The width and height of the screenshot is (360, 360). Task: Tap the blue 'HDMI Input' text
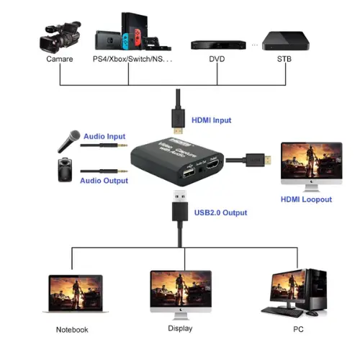[x=211, y=120]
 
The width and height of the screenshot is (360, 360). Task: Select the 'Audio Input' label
[x=104, y=136]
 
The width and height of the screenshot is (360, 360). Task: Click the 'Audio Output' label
[x=104, y=181]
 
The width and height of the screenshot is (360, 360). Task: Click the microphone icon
[x=68, y=140]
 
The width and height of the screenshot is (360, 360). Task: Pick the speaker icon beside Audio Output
[x=66, y=171]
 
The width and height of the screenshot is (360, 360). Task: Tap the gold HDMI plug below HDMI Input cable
[x=177, y=130]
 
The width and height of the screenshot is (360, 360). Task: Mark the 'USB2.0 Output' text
[x=220, y=212]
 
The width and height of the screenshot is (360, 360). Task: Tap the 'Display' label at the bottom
[x=180, y=329]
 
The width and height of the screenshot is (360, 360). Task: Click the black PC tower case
[x=315, y=292]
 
